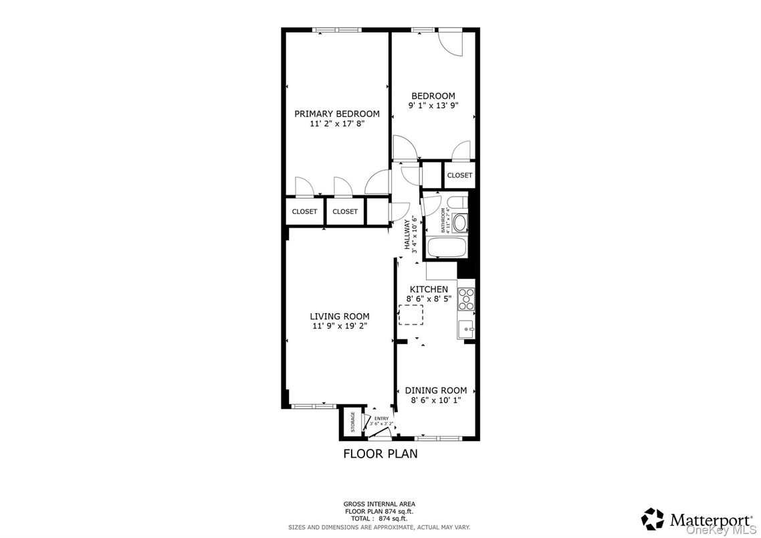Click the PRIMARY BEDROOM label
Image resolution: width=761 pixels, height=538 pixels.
pyautogui.click(x=337, y=114)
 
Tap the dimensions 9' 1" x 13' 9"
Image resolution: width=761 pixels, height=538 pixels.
pyautogui.click(x=433, y=106)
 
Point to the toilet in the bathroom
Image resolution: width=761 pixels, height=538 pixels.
pyautogui.click(x=459, y=203)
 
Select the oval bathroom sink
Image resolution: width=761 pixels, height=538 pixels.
pyautogui.click(x=460, y=223)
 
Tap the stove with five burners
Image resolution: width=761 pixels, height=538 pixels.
pyautogui.click(x=466, y=299)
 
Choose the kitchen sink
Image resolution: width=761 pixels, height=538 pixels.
pyautogui.click(x=466, y=329)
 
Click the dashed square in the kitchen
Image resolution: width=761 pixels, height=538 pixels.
pyautogui.click(x=411, y=315)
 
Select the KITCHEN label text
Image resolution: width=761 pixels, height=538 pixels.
pyautogui.click(x=429, y=289)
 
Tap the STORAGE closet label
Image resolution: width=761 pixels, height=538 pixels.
pyautogui.click(x=353, y=422)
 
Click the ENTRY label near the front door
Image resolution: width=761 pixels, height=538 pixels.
pyautogui.click(x=380, y=419)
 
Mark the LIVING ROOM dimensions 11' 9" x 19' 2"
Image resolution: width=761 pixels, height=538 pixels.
pyautogui.click(x=339, y=326)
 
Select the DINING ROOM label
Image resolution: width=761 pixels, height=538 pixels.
pyautogui.click(x=435, y=391)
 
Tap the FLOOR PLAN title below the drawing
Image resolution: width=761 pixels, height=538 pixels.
pyautogui.click(x=380, y=454)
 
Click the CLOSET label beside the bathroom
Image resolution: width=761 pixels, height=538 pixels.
pyautogui.click(x=459, y=175)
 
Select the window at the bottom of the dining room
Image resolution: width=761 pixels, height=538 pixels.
pyautogui.click(x=437, y=438)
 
